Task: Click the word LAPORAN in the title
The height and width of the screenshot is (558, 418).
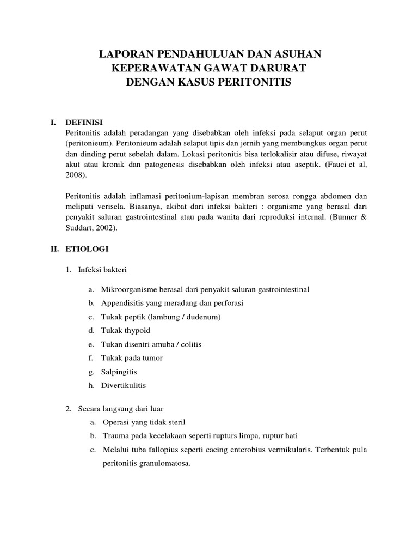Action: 124,54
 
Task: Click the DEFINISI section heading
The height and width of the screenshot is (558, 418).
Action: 84,122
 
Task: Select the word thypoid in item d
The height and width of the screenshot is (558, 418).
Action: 136,330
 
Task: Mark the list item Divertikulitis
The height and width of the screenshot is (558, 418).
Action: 124,385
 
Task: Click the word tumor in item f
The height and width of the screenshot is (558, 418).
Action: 152,358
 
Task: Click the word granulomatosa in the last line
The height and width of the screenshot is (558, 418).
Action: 162,463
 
